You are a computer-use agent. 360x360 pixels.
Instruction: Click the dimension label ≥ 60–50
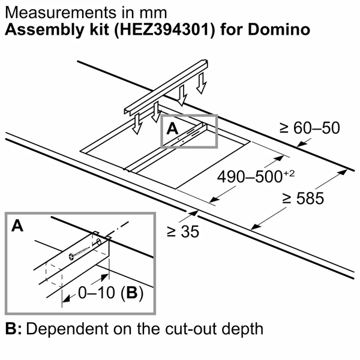pos(309,128)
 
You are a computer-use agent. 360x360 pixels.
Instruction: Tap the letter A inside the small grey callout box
pos(173,128)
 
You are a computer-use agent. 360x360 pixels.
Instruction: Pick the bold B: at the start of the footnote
pos(14,329)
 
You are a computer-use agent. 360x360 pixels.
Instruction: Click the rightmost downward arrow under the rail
pos(202,85)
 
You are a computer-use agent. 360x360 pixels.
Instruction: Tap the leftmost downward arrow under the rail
pos(136,124)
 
